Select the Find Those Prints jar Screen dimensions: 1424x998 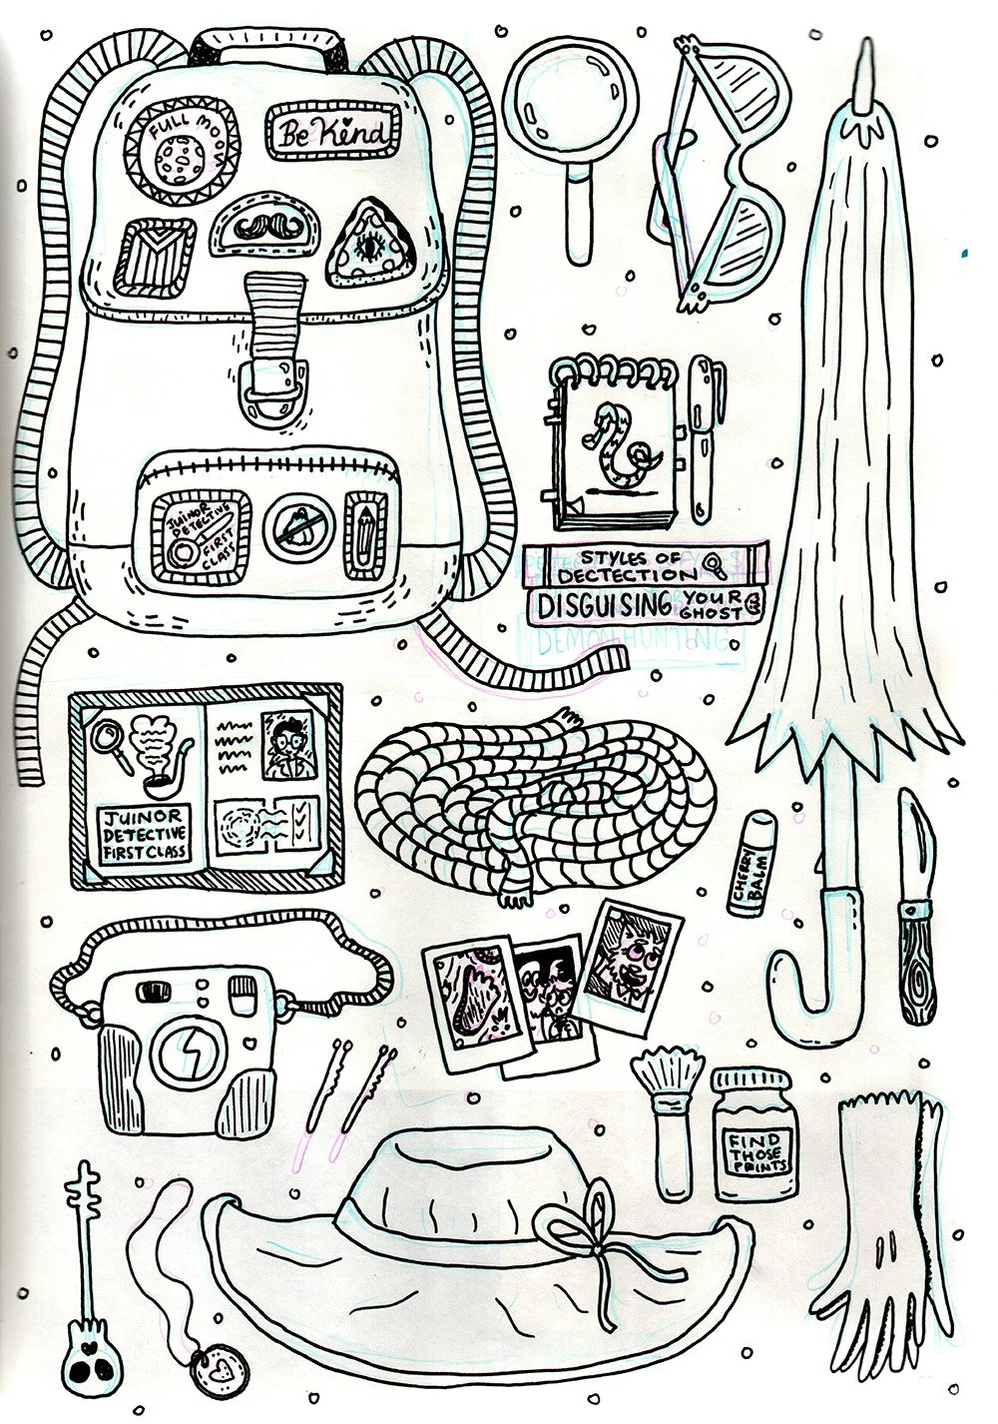coord(750,1135)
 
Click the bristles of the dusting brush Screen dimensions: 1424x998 coord(655,1072)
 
